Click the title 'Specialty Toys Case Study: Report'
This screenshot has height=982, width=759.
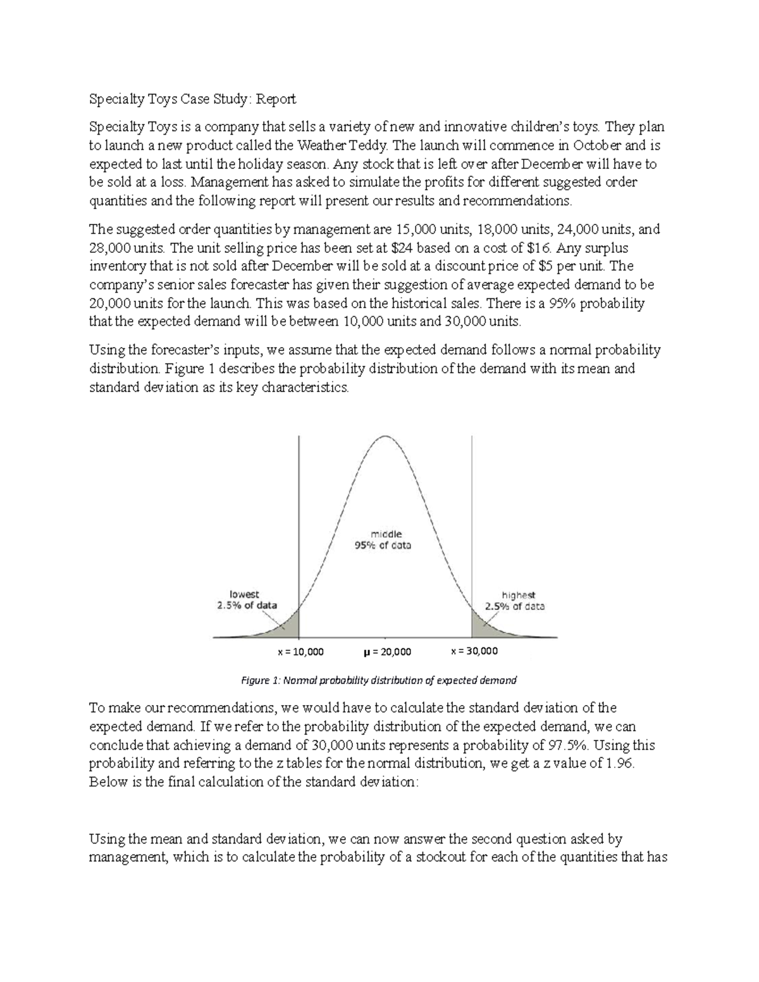click(192, 99)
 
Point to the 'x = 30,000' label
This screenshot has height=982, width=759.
click(474, 651)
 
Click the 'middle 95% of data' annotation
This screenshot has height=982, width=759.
click(382, 539)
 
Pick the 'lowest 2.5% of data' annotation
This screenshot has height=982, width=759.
click(244, 599)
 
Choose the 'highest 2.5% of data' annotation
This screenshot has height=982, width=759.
click(515, 600)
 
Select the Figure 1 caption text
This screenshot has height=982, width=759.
click(379, 680)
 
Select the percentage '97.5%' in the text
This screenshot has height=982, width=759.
click(564, 745)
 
